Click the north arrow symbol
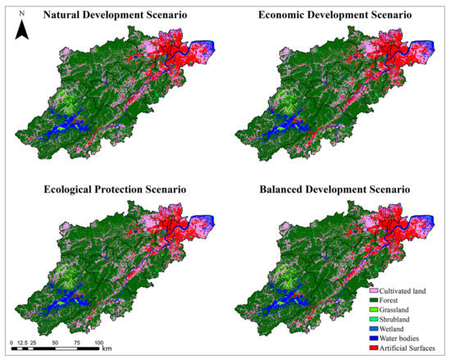coord(23,30)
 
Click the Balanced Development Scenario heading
coord(333,189)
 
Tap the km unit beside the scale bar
coord(107,349)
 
